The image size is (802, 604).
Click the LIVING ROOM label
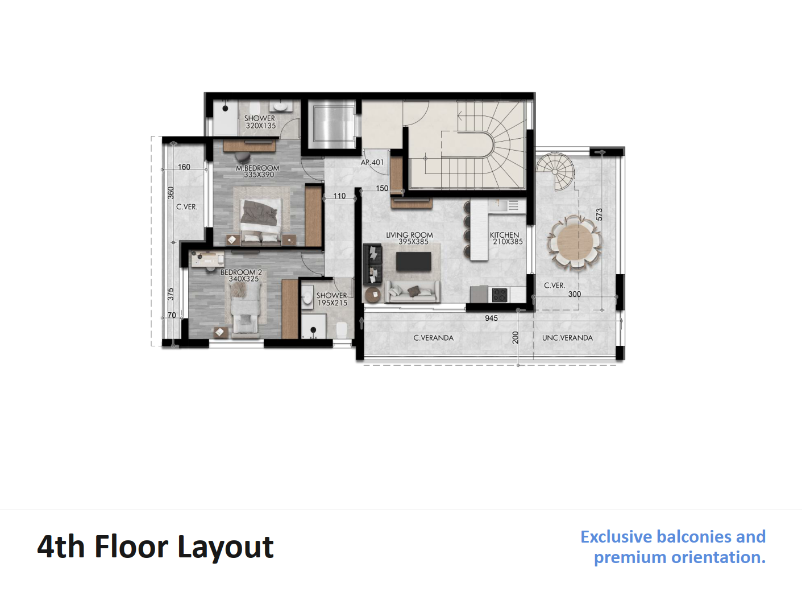(x=409, y=235)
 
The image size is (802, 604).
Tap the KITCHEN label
(x=504, y=235)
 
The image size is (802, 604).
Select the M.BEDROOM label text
(x=257, y=168)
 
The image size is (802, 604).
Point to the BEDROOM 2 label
(x=241, y=272)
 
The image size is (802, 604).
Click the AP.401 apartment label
(x=372, y=162)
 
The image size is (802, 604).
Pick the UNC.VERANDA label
(x=567, y=338)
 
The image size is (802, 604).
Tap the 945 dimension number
(x=492, y=318)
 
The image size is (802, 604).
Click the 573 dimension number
(x=599, y=214)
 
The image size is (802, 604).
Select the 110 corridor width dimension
(x=339, y=196)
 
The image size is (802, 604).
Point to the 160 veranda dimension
(x=184, y=167)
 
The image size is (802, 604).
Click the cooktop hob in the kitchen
(x=500, y=295)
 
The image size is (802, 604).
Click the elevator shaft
(x=332, y=125)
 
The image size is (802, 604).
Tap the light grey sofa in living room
(x=413, y=292)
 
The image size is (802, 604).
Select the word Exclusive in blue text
(x=616, y=537)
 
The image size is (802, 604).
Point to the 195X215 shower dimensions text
(x=333, y=303)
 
